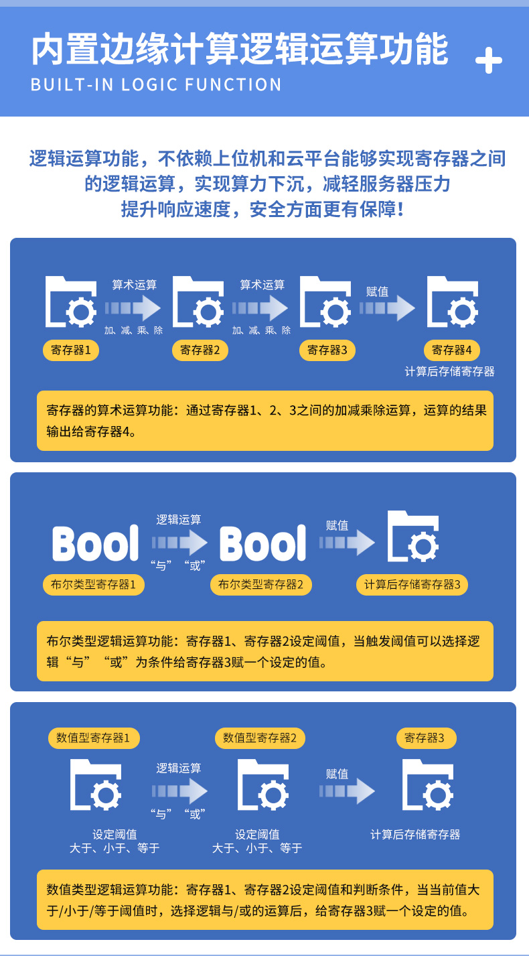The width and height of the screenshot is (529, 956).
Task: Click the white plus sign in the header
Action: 488,60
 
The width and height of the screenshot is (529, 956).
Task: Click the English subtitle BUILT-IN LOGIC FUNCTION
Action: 156,84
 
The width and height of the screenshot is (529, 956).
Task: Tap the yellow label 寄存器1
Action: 71,350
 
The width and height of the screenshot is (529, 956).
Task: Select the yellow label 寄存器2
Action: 200,350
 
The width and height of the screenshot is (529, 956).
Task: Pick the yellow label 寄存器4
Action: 452,350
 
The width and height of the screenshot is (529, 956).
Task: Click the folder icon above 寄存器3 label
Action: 325,301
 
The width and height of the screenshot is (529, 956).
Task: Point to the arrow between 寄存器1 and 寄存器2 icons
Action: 133,308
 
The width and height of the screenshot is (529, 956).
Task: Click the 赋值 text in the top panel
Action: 377,291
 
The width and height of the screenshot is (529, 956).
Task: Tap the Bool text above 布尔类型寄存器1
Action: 96,543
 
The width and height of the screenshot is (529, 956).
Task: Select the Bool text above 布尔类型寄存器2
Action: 262,543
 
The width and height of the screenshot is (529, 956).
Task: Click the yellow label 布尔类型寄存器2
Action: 261,585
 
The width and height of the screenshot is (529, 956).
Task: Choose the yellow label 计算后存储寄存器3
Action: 412,585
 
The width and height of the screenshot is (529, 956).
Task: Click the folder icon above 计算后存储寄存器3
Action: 413,537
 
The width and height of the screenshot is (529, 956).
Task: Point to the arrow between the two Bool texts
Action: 179,543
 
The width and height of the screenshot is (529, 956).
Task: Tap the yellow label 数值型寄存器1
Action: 94,738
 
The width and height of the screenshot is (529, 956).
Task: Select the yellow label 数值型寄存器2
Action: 260,738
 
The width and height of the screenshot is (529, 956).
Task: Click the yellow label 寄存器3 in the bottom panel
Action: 425,738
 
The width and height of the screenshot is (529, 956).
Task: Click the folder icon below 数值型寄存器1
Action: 96,785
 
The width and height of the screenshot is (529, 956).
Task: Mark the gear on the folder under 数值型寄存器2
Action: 273,795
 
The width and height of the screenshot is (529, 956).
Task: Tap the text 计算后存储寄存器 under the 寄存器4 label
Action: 450,372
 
